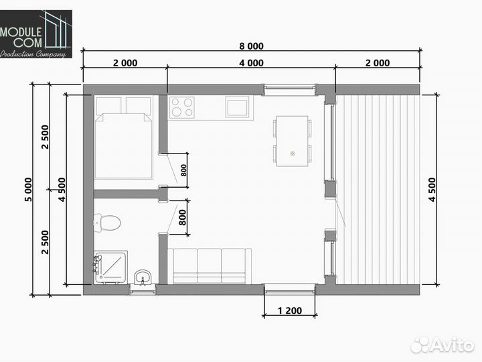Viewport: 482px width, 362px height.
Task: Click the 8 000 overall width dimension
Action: (x=251, y=46)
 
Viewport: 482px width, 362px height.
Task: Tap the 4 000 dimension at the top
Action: (x=251, y=63)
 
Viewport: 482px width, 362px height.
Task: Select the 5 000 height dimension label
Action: (x=28, y=190)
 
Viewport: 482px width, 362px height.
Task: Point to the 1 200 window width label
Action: (x=290, y=310)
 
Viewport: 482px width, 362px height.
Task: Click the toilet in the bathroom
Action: (x=107, y=223)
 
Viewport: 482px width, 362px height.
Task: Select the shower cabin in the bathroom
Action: (x=110, y=267)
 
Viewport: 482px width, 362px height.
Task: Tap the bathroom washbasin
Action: (x=143, y=277)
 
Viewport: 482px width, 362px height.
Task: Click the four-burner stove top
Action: (x=181, y=107)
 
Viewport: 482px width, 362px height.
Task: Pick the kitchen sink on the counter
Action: (x=237, y=107)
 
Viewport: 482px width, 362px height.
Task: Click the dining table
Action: (x=292, y=141)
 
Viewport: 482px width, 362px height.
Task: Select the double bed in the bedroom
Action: (x=123, y=137)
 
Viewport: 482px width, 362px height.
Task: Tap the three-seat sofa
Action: (x=210, y=266)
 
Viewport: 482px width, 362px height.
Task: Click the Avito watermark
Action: (x=442, y=345)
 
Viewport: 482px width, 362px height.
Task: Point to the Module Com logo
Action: (x=36, y=34)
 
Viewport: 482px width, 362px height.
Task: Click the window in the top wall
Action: (x=290, y=89)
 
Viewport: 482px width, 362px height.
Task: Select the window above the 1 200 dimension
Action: (x=290, y=290)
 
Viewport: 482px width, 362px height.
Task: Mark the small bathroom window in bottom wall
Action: (x=142, y=290)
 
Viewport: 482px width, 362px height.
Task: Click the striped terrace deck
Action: (x=378, y=190)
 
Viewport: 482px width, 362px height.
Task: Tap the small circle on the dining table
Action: (x=293, y=154)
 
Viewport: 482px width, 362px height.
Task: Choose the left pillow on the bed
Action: (x=108, y=106)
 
